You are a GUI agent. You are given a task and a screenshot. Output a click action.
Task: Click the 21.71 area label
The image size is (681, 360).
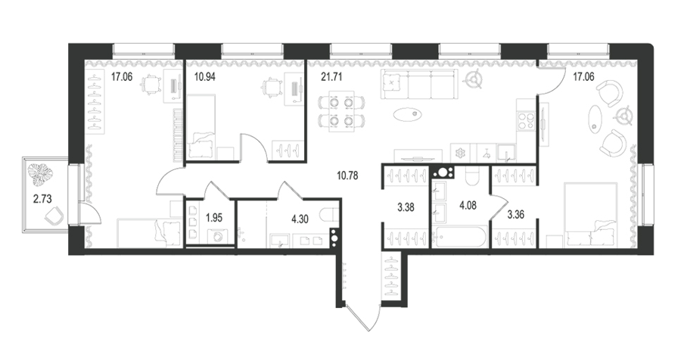tap(331, 77)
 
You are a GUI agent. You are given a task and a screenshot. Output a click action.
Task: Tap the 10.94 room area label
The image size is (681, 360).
tap(204, 77)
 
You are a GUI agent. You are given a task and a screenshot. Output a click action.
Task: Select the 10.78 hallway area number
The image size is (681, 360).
tap(347, 176)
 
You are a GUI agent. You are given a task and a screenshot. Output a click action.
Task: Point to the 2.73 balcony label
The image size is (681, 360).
tap(42, 199)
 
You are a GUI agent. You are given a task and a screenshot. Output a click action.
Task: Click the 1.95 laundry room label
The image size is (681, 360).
tap(214, 218)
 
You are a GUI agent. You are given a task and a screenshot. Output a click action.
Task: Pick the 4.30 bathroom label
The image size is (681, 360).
tap(300, 219)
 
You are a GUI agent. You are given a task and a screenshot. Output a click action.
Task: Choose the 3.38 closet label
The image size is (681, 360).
tap(406, 207)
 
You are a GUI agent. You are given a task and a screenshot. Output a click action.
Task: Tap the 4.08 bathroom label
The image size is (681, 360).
tap(468, 205)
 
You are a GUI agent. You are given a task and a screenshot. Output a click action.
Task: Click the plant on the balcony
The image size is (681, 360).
tap(40, 174)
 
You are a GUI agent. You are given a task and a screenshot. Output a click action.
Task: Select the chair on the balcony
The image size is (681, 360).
tap(55, 216)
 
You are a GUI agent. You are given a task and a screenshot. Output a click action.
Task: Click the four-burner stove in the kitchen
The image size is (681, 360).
tap(527, 121)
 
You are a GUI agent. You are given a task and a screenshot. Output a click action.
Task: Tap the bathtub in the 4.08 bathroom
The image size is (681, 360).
tap(460, 237)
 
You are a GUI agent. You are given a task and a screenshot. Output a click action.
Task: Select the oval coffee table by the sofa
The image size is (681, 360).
tap(408, 114)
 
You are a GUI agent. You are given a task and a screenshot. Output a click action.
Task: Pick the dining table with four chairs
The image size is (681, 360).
tap(341, 111)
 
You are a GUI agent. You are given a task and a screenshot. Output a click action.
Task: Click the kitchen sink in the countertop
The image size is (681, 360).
tap(506, 152)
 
